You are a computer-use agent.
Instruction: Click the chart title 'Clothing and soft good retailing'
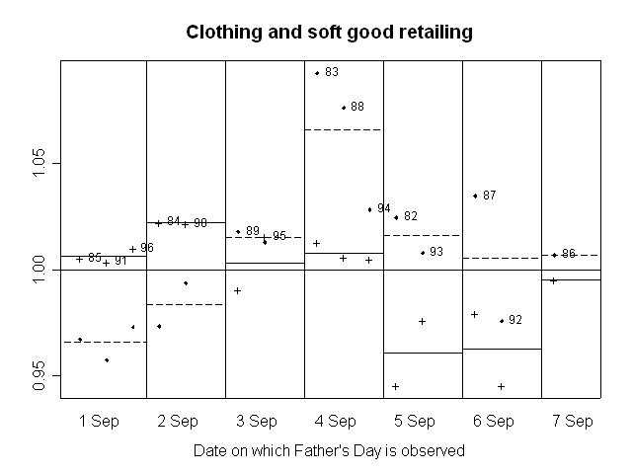[329, 33]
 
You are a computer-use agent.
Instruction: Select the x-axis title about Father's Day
[329, 450]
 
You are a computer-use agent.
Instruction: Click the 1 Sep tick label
[99, 421]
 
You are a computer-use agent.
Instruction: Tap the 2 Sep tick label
[178, 421]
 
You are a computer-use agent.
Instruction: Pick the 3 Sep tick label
[257, 421]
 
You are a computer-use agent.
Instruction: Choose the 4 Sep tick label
[336, 421]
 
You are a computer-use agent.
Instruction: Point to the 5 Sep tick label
[415, 421]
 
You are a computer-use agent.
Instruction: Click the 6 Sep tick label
[494, 421]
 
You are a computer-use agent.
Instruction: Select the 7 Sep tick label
[573, 421]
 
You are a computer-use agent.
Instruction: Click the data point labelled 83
[317, 73]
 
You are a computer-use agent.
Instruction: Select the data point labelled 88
[344, 108]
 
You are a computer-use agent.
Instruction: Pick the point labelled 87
[475, 196]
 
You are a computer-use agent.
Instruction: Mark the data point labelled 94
[369, 209]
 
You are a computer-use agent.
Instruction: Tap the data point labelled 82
[396, 217]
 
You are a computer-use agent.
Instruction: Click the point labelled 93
[423, 253]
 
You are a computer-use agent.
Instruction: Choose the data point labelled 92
[502, 321]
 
